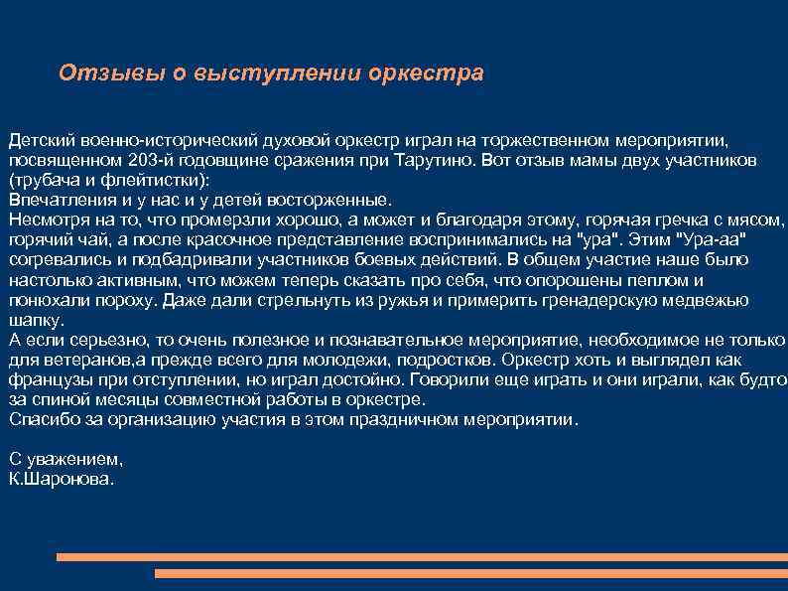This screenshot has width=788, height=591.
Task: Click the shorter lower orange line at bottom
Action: pos(471,573)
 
